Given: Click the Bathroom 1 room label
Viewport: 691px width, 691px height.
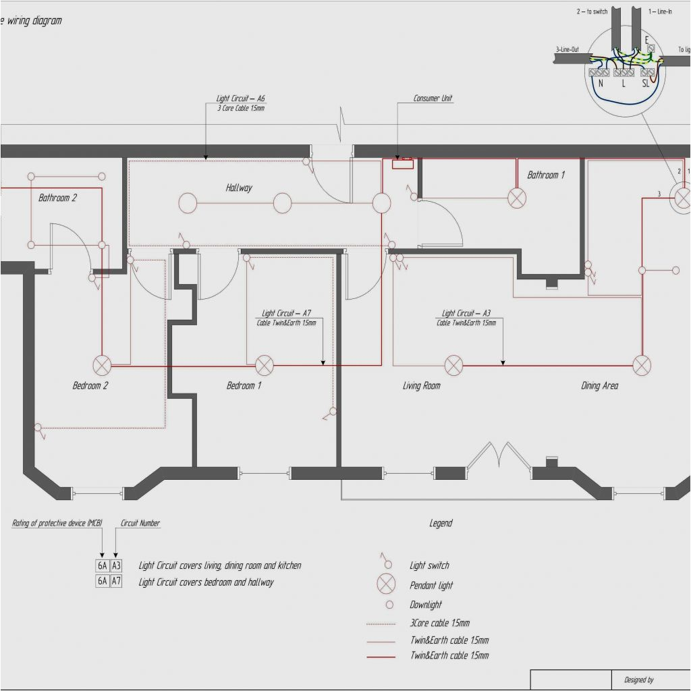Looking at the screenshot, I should click(546, 175).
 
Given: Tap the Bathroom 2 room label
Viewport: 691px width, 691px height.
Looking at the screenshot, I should click(57, 198).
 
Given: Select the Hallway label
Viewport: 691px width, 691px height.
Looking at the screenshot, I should click(239, 188).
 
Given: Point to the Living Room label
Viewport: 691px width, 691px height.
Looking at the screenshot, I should click(421, 386).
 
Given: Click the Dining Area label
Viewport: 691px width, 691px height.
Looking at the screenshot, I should click(599, 386).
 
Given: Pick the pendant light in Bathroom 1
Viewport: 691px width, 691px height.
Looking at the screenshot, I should click(517, 198).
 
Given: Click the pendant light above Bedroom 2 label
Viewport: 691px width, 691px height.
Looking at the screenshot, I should click(103, 366).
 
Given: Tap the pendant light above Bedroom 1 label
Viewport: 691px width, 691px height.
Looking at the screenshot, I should click(265, 366).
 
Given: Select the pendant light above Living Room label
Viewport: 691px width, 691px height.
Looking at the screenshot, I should click(453, 366).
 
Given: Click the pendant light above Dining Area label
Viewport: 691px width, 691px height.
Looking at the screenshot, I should click(642, 366).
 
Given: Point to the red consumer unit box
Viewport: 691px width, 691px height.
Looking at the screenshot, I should click(403, 163).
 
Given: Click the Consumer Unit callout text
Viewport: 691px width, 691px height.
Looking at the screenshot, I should click(433, 99).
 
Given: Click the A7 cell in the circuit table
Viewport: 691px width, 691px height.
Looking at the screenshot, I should click(116, 581).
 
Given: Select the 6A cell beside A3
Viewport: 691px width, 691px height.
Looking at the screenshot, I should click(102, 565).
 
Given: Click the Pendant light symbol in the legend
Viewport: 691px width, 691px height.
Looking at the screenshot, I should click(387, 584).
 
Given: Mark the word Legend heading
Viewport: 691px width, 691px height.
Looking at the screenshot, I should click(441, 523).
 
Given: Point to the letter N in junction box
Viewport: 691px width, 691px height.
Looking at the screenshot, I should click(600, 84).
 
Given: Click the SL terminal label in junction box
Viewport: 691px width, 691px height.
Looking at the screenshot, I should click(646, 84).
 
